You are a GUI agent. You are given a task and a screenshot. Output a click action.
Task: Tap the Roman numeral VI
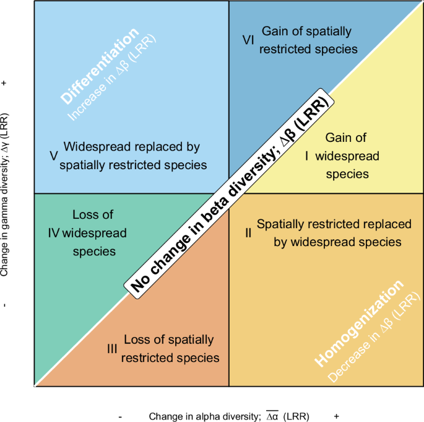(248, 39)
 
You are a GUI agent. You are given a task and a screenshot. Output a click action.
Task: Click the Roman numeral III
(112, 349)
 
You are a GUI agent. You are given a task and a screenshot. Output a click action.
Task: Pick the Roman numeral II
(248, 233)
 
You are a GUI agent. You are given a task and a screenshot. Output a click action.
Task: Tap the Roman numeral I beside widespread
(306, 157)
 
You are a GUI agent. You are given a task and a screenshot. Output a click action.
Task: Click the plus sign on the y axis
(6, 82)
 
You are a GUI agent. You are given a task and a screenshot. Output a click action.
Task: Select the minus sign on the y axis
(6, 305)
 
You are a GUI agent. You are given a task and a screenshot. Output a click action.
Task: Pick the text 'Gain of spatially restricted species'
(306, 39)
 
